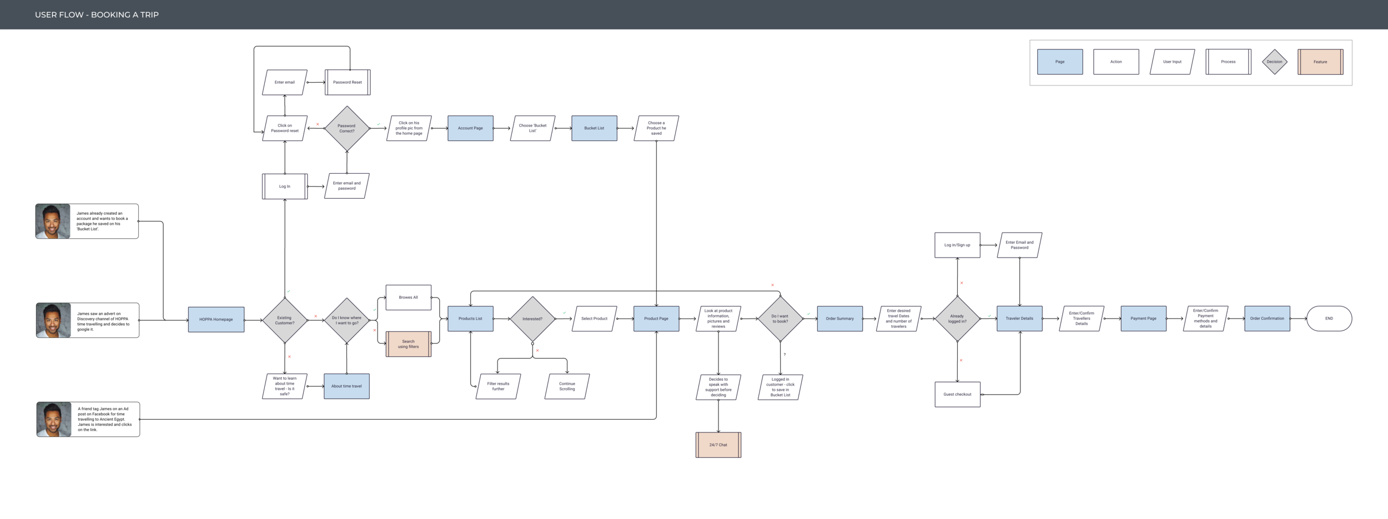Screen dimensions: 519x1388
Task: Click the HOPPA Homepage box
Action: pyautogui.click(x=216, y=320)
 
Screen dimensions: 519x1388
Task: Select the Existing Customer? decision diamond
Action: pyautogui.click(x=285, y=320)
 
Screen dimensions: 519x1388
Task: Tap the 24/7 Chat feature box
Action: pyautogui.click(x=718, y=445)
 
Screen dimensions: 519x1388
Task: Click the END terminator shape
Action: pyautogui.click(x=1329, y=319)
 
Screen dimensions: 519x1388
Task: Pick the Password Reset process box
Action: pyautogui.click(x=348, y=82)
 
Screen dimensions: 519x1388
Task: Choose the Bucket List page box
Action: pyautogui.click(x=594, y=128)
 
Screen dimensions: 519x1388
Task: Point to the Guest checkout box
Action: pyautogui.click(x=957, y=394)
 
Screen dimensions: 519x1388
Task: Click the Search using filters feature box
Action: pyautogui.click(x=408, y=344)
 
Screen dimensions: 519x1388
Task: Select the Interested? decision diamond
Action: pyautogui.click(x=532, y=319)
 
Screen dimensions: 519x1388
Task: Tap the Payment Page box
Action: pyautogui.click(x=1143, y=319)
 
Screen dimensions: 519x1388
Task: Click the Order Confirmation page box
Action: pyautogui.click(x=1267, y=319)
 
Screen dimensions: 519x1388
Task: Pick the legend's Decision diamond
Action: pyautogui.click(x=1274, y=62)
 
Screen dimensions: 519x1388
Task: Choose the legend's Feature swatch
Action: pyautogui.click(x=1320, y=62)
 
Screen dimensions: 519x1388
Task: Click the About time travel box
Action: pyautogui.click(x=346, y=386)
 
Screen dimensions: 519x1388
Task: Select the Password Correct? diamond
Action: pyautogui.click(x=346, y=128)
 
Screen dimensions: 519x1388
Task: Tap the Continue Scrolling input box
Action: pyautogui.click(x=567, y=386)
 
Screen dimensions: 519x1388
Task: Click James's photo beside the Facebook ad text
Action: pyautogui.click(x=54, y=420)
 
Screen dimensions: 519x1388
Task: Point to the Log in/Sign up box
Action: pyautogui.click(x=957, y=245)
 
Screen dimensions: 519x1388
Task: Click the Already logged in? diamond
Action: pyautogui.click(x=957, y=319)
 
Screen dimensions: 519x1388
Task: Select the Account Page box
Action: pyautogui.click(x=470, y=128)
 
